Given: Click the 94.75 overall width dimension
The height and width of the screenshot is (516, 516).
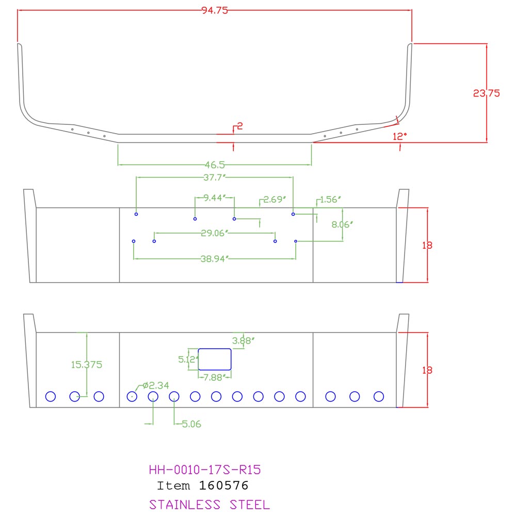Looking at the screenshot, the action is point(215,10).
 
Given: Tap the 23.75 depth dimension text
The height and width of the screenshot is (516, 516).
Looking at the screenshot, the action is point(487,93).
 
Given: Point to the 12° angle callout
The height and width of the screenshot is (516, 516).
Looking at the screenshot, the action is point(399,136).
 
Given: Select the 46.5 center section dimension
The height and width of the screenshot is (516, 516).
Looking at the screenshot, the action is point(215,165).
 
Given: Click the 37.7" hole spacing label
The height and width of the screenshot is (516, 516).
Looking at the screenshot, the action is point(215,178).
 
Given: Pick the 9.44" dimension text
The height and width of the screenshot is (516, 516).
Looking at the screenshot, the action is point(215,198).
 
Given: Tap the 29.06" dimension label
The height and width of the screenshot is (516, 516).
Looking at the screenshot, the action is point(215,233).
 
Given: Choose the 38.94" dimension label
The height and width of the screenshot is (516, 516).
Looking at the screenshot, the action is point(215,259).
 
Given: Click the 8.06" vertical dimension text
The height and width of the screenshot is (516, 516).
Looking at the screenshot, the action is point(342,224).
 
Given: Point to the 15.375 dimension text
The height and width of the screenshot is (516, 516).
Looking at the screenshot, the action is point(87,365).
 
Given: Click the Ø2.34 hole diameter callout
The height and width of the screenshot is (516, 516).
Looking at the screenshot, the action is point(156,385).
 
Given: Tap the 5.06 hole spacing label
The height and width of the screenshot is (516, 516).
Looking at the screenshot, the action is point(191,424).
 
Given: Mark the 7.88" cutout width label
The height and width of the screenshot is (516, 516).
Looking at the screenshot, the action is point(215,378).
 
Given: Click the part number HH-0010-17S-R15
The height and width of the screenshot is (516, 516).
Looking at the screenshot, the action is point(205,470).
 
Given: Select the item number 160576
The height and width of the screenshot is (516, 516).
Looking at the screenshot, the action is point(223,486).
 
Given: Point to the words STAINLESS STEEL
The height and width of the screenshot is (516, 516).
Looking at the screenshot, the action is point(209,505).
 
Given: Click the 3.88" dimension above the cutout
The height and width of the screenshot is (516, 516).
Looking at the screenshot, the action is point(243,341).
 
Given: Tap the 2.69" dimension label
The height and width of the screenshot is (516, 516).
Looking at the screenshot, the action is point(275,199).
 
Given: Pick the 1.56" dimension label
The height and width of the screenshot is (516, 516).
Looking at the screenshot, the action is point(330,199).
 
